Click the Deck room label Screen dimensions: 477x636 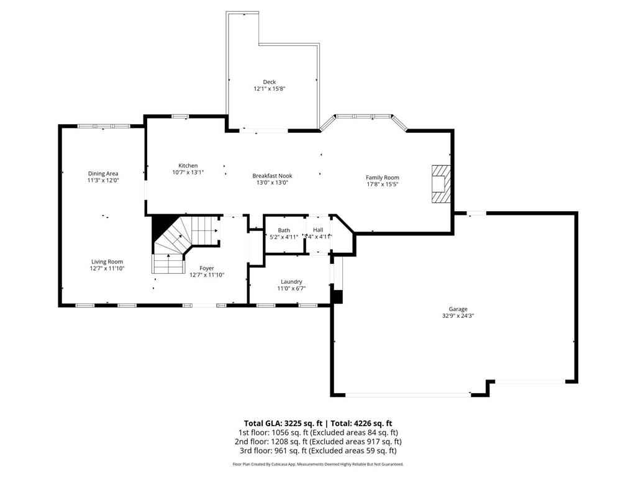269,82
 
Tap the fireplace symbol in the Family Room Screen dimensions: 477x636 440,184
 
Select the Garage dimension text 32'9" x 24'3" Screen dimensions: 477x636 458,316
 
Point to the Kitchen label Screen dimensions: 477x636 188,166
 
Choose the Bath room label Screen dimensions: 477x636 284,230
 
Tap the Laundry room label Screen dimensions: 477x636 291,281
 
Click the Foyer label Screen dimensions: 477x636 207,268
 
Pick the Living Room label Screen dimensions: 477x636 107,262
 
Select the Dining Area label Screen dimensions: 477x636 103,173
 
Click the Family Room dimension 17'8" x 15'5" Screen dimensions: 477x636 382,184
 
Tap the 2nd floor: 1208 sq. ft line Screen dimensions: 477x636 317,442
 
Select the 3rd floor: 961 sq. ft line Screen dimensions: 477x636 317,451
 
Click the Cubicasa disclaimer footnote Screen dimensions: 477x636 317,464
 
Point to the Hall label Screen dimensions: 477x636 317,230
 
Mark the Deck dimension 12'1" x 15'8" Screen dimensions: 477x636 269,89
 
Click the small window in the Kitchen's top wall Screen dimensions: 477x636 180,116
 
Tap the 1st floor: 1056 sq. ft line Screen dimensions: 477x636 317,432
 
